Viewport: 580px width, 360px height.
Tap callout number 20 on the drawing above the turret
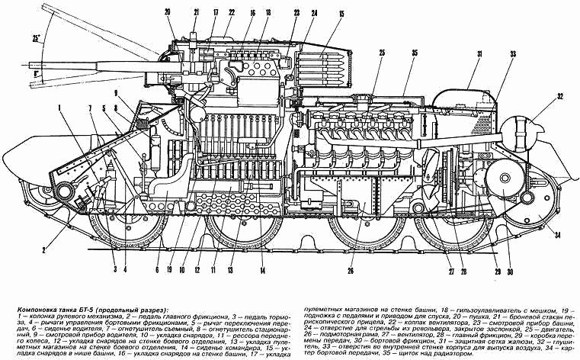(168, 11)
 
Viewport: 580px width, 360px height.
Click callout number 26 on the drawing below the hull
(351, 269)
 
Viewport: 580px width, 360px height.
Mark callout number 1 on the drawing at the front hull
(57, 108)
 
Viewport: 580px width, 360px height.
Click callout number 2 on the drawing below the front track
(46, 249)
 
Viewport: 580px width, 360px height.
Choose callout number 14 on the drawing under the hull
(261, 268)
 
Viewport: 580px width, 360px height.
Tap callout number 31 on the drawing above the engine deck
(480, 54)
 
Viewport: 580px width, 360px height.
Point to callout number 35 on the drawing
(415, 52)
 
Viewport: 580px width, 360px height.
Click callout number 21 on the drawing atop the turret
(196, 11)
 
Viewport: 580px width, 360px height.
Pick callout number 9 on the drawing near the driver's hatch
(117, 94)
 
